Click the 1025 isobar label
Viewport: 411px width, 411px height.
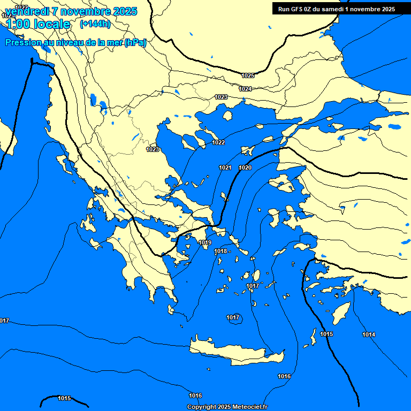[x=248, y=75]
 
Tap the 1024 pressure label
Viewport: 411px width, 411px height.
[x=245, y=89]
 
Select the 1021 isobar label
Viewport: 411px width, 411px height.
[x=225, y=168]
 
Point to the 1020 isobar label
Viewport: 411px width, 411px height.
[x=245, y=168]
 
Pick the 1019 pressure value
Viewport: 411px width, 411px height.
[x=205, y=243]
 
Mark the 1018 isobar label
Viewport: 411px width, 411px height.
[x=220, y=252]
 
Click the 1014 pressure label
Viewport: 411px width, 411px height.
[x=369, y=335]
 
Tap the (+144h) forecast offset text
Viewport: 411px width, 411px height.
[x=95, y=24]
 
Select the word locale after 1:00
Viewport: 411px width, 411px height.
[x=51, y=24]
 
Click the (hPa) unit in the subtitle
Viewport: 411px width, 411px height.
[x=135, y=43]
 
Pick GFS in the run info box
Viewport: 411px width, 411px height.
[x=299, y=9]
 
